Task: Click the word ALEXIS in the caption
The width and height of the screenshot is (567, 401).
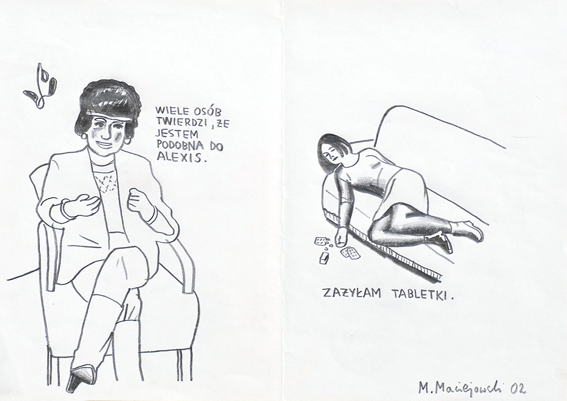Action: coord(178,156)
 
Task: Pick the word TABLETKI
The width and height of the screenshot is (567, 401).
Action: coord(420,294)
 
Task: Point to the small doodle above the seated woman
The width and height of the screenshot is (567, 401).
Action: coord(40,87)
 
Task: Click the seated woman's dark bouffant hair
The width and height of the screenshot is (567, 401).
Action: coord(108,101)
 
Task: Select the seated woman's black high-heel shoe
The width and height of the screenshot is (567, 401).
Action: coord(79,378)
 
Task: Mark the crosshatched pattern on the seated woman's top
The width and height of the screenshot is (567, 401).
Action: coord(105,181)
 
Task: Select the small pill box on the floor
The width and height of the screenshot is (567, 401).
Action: coord(323,257)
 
